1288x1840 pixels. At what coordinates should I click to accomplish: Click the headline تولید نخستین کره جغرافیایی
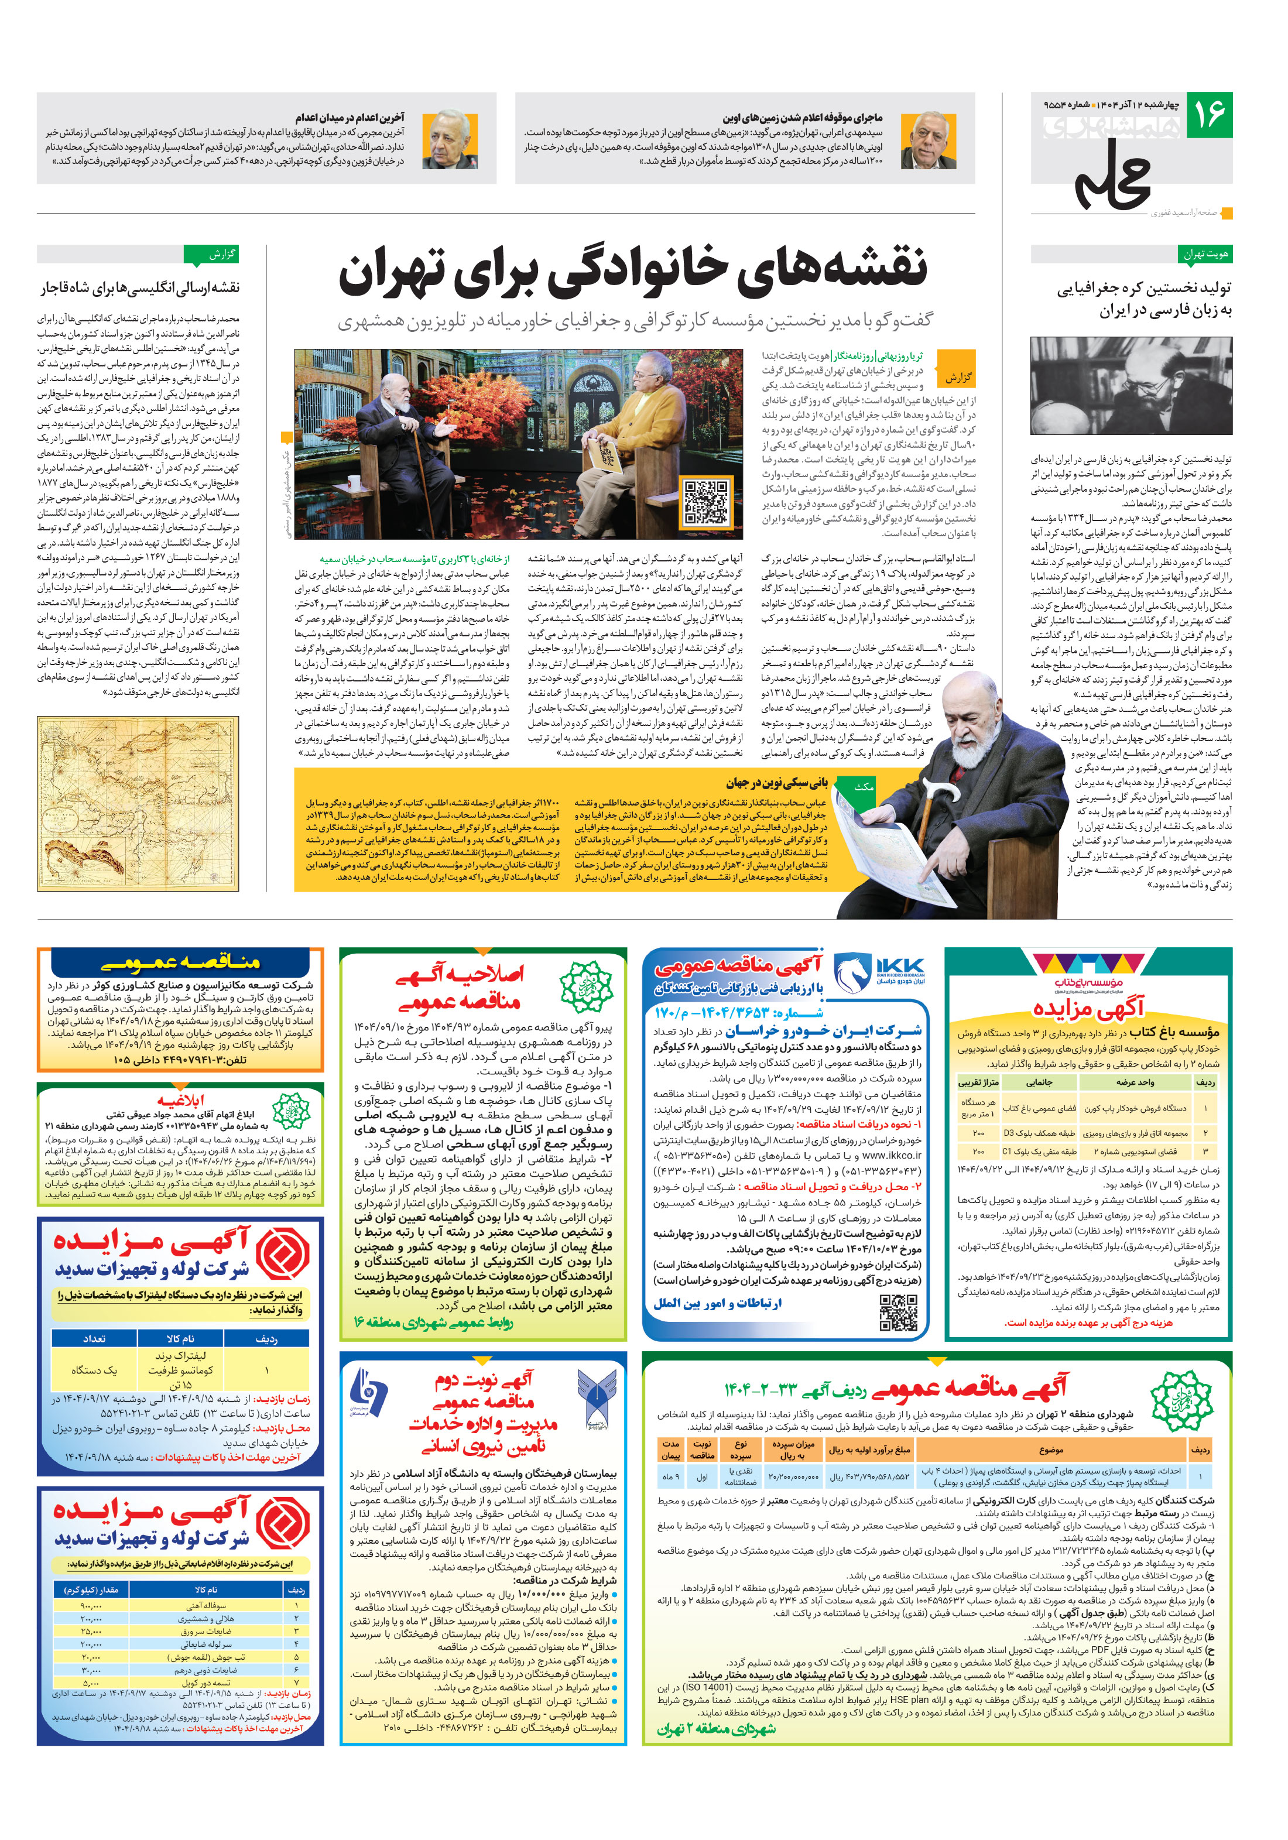[1144, 299]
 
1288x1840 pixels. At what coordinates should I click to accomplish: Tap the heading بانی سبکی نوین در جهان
[776, 783]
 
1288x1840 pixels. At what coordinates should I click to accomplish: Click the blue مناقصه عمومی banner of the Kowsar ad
[180, 962]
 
